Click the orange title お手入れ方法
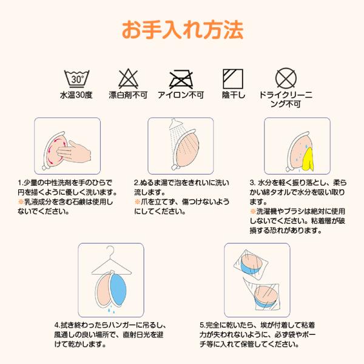(x=183, y=30)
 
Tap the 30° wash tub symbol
(x=76, y=79)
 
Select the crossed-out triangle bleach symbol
(x=129, y=78)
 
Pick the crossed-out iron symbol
(x=181, y=79)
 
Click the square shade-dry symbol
(x=233, y=79)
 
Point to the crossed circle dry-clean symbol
(x=286, y=78)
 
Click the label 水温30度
(x=76, y=95)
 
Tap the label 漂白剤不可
(x=128, y=95)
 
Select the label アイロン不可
(x=181, y=95)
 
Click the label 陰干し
(x=234, y=95)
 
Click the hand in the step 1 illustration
(x=74, y=152)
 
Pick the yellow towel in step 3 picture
(x=308, y=160)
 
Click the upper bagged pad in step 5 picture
(x=252, y=264)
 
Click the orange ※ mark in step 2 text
(x=137, y=202)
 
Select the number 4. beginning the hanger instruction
(x=58, y=325)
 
